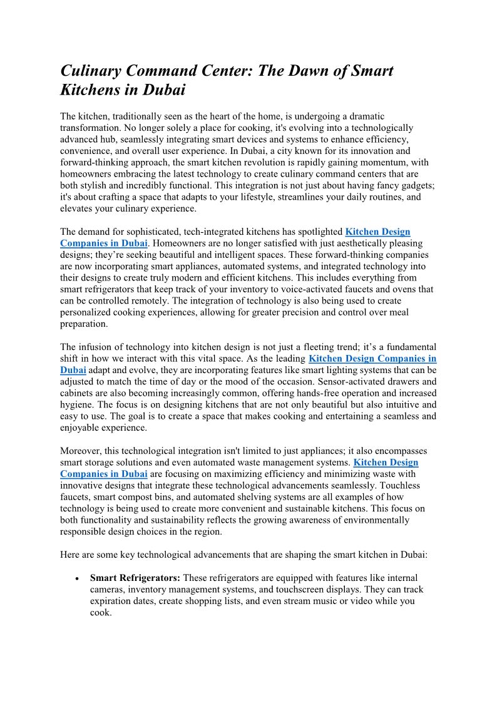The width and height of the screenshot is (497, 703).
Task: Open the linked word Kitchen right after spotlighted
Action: click(x=362, y=232)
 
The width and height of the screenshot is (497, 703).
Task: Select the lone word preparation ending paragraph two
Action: click(x=84, y=324)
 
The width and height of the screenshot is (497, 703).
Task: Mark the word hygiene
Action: click(x=77, y=404)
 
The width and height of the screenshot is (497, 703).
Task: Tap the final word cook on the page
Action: click(x=100, y=613)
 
